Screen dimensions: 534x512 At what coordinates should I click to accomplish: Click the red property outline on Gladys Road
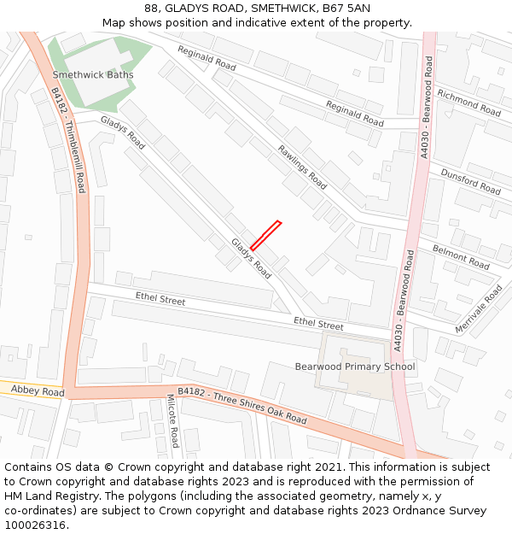point(265,235)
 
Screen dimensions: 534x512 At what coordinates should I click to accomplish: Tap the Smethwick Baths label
point(94,74)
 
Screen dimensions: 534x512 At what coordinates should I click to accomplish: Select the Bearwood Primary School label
point(355,367)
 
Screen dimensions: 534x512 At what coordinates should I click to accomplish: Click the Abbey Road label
point(38,391)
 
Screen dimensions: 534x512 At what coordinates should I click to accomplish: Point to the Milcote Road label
point(172,421)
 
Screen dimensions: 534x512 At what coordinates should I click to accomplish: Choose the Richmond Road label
point(468,103)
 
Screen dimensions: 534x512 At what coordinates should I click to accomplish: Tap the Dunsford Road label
point(470,181)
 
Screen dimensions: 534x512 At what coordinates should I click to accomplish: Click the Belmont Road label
point(461,255)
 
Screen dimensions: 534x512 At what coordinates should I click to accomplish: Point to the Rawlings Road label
point(302,167)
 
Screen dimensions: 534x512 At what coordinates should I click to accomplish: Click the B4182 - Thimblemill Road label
point(69,140)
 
